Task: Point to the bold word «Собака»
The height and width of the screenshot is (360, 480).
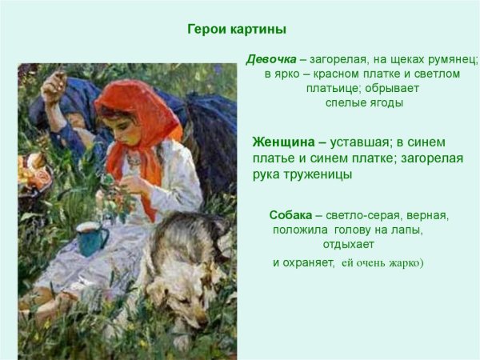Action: tap(290, 216)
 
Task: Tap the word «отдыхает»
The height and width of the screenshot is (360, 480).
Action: tap(348, 244)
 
